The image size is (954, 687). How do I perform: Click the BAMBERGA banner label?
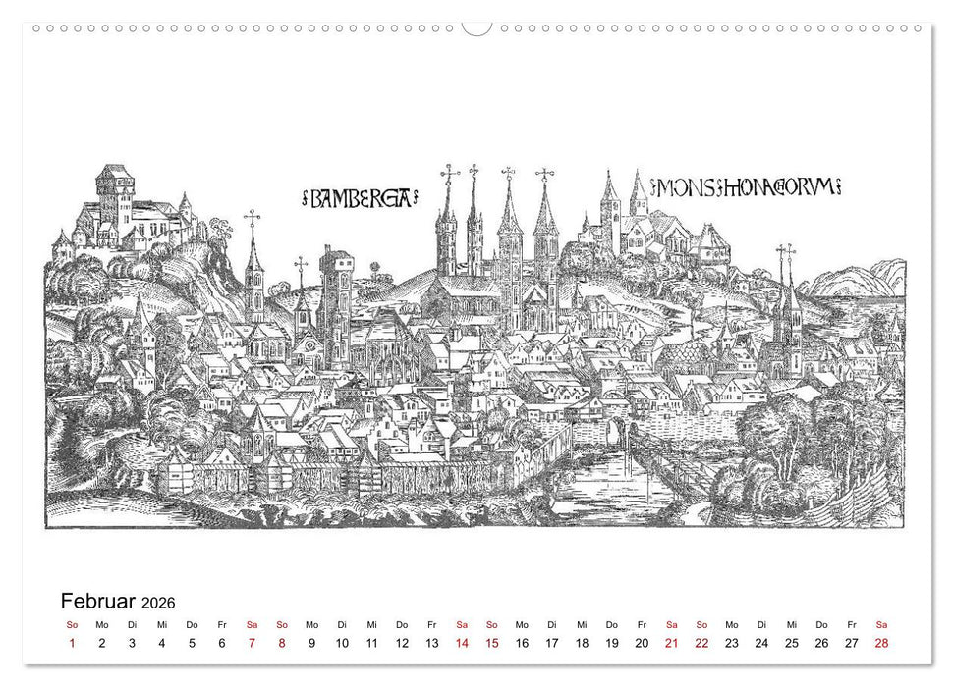click(359, 198)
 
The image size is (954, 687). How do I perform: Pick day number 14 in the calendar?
click(462, 643)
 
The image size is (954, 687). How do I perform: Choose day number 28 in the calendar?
click(881, 643)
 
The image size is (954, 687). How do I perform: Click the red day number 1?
click(72, 643)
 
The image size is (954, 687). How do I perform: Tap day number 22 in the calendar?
click(701, 643)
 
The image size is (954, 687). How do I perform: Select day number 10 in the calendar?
click(342, 643)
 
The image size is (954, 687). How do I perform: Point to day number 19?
click(611, 643)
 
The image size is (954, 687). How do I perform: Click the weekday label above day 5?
click(192, 624)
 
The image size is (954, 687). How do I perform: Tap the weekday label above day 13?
click(431, 624)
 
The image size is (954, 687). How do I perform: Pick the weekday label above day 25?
click(791, 624)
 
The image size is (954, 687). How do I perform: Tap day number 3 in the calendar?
click(132, 643)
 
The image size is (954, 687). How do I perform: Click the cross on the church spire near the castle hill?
click(253, 218)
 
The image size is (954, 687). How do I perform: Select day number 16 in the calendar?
click(522, 643)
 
